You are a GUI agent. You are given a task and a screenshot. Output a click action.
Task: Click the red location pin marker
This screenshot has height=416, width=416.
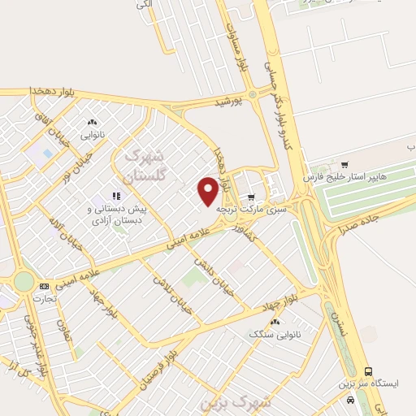208,190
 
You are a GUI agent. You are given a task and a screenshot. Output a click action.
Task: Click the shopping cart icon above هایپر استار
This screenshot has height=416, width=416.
345,163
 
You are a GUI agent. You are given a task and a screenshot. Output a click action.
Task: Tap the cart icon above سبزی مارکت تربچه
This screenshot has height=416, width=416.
251,196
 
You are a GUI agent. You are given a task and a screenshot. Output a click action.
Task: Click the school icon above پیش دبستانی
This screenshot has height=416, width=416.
116,196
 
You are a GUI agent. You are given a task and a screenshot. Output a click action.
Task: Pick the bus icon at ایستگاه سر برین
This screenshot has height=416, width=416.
368,370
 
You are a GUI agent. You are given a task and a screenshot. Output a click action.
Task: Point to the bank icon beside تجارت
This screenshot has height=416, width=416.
43,286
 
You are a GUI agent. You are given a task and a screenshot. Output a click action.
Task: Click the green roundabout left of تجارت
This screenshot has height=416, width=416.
24,281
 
